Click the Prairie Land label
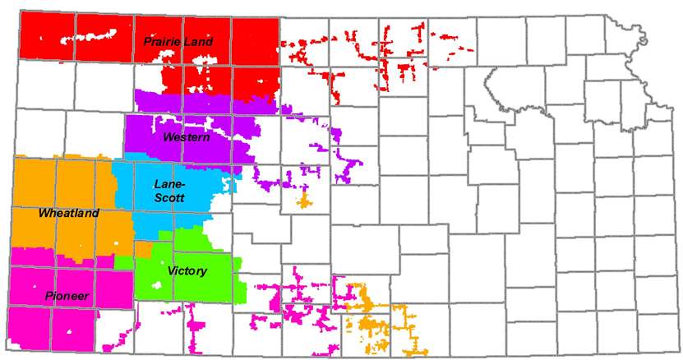click(178, 41)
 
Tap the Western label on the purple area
click(187, 137)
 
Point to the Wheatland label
click(68, 214)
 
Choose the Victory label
click(187, 270)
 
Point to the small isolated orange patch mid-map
click(304, 200)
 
